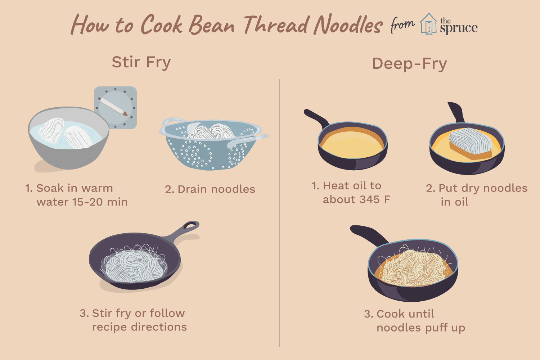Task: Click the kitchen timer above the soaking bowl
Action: (x=116, y=108)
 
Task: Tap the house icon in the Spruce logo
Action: (x=428, y=24)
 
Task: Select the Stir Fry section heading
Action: (x=141, y=62)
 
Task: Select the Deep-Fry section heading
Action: (x=410, y=64)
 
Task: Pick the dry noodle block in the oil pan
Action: (x=471, y=143)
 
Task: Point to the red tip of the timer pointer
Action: (x=125, y=113)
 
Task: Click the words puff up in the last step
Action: (x=445, y=328)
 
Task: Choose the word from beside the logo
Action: (x=402, y=25)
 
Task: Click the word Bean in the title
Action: (x=211, y=25)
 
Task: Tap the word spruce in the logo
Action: (x=459, y=28)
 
